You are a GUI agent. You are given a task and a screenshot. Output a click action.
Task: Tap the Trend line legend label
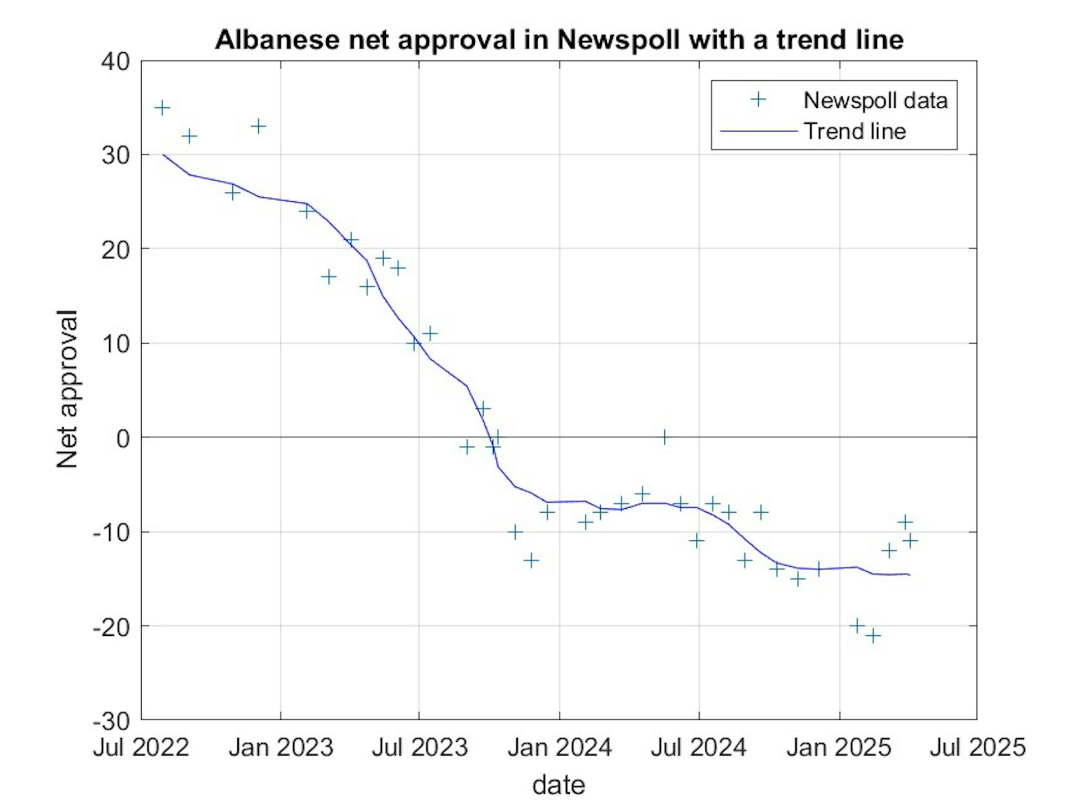point(854,132)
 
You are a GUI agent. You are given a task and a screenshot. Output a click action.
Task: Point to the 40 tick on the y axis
point(115,61)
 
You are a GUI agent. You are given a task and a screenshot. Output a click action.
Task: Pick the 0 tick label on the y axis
point(123,438)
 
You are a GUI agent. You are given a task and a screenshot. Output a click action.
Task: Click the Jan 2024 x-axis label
point(559,748)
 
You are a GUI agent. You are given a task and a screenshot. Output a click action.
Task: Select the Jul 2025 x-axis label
point(978,748)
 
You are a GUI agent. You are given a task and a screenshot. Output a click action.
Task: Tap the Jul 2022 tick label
point(141,748)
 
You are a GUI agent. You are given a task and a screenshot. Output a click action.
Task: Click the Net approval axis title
point(67,389)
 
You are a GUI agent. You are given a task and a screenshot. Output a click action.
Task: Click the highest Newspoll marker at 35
point(162,107)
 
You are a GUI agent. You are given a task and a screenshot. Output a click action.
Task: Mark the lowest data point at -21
point(873,636)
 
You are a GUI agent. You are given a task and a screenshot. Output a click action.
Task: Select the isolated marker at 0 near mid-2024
point(664,437)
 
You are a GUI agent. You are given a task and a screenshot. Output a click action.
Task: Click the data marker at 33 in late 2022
point(258,126)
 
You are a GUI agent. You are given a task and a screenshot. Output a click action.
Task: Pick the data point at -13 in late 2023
point(531,560)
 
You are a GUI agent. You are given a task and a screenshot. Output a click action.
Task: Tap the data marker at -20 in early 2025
point(857,625)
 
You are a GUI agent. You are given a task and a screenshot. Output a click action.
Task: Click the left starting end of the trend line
point(163,155)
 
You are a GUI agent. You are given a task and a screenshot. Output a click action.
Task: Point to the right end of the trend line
point(909,575)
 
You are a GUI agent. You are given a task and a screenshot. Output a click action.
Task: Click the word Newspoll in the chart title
point(618,40)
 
